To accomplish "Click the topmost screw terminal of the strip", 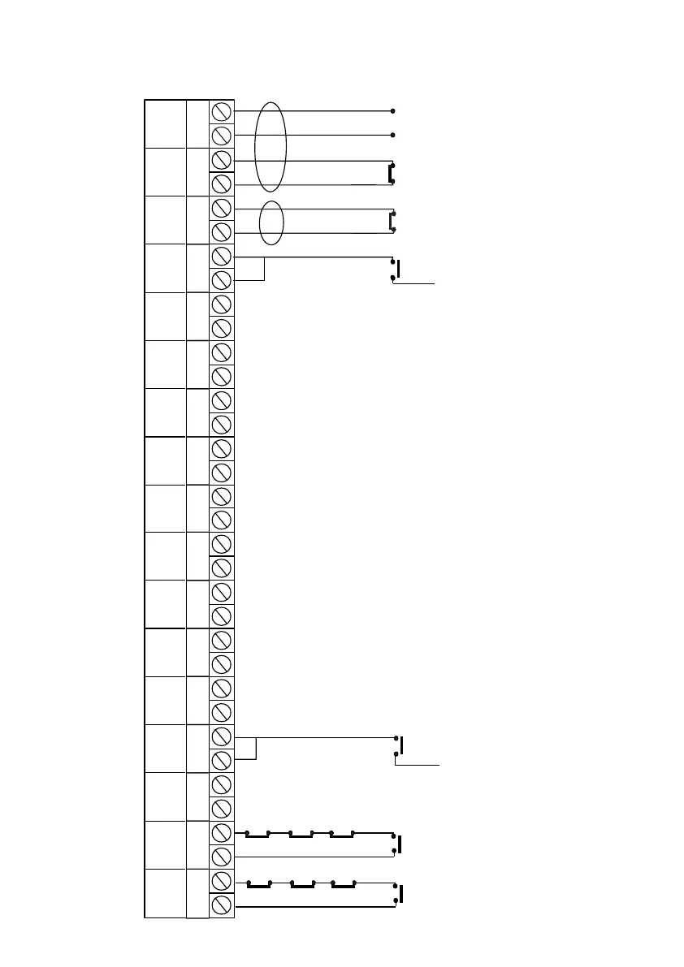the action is point(222,111).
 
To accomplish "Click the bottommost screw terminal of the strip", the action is point(222,905).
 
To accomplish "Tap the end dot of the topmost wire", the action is point(393,110).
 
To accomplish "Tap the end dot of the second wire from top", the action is point(393,135).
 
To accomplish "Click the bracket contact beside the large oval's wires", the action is point(391,172).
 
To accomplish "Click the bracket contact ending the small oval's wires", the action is point(391,221).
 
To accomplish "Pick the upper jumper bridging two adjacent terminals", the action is point(264,269).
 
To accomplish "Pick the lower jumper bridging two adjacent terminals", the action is point(256,748).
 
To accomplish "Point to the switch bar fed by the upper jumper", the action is point(398,269).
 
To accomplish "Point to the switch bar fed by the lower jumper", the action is point(402,745).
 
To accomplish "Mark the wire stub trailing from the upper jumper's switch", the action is point(414,283).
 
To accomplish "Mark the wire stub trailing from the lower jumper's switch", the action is point(418,765).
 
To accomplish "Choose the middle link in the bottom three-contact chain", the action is point(302,887).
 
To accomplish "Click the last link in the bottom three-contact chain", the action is point(345,887).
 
